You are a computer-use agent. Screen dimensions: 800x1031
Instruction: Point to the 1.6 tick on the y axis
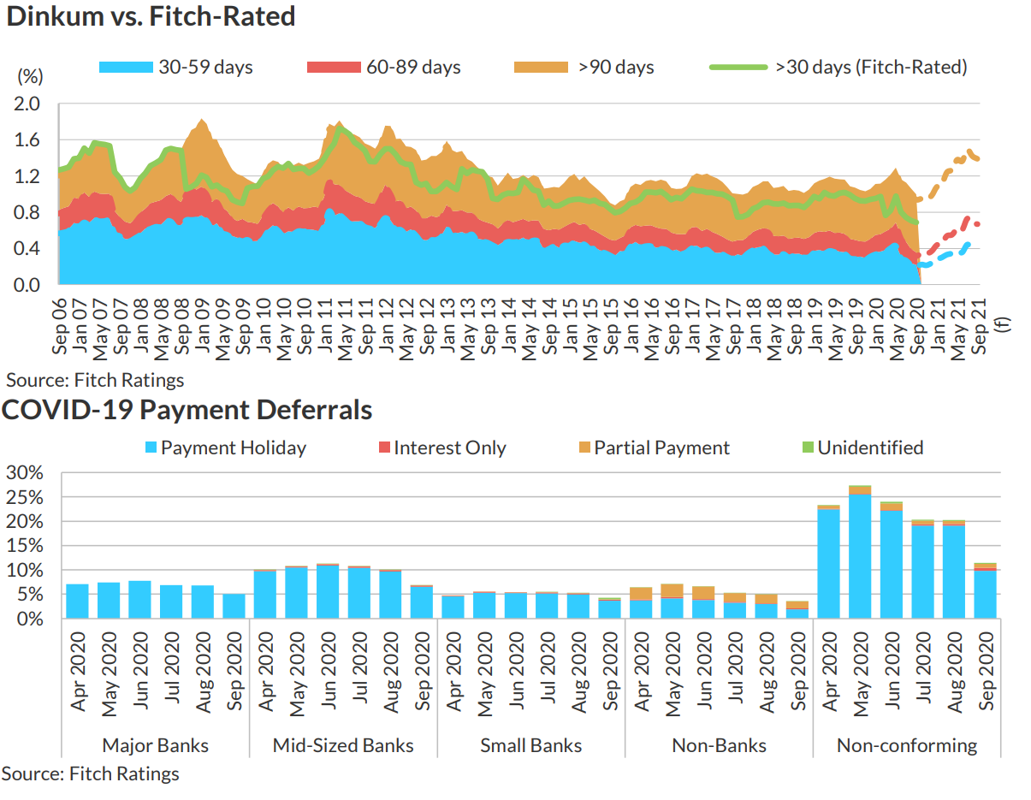28,140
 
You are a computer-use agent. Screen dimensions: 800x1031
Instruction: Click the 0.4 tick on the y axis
28,249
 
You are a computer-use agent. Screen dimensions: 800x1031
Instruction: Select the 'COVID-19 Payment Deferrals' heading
187,410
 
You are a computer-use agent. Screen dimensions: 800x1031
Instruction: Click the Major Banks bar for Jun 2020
139,599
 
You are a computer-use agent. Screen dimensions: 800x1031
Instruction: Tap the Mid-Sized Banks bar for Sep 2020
422,601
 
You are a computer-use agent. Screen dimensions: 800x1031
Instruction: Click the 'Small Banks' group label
530,745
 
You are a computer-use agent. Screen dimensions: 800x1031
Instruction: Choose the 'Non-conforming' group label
907,745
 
